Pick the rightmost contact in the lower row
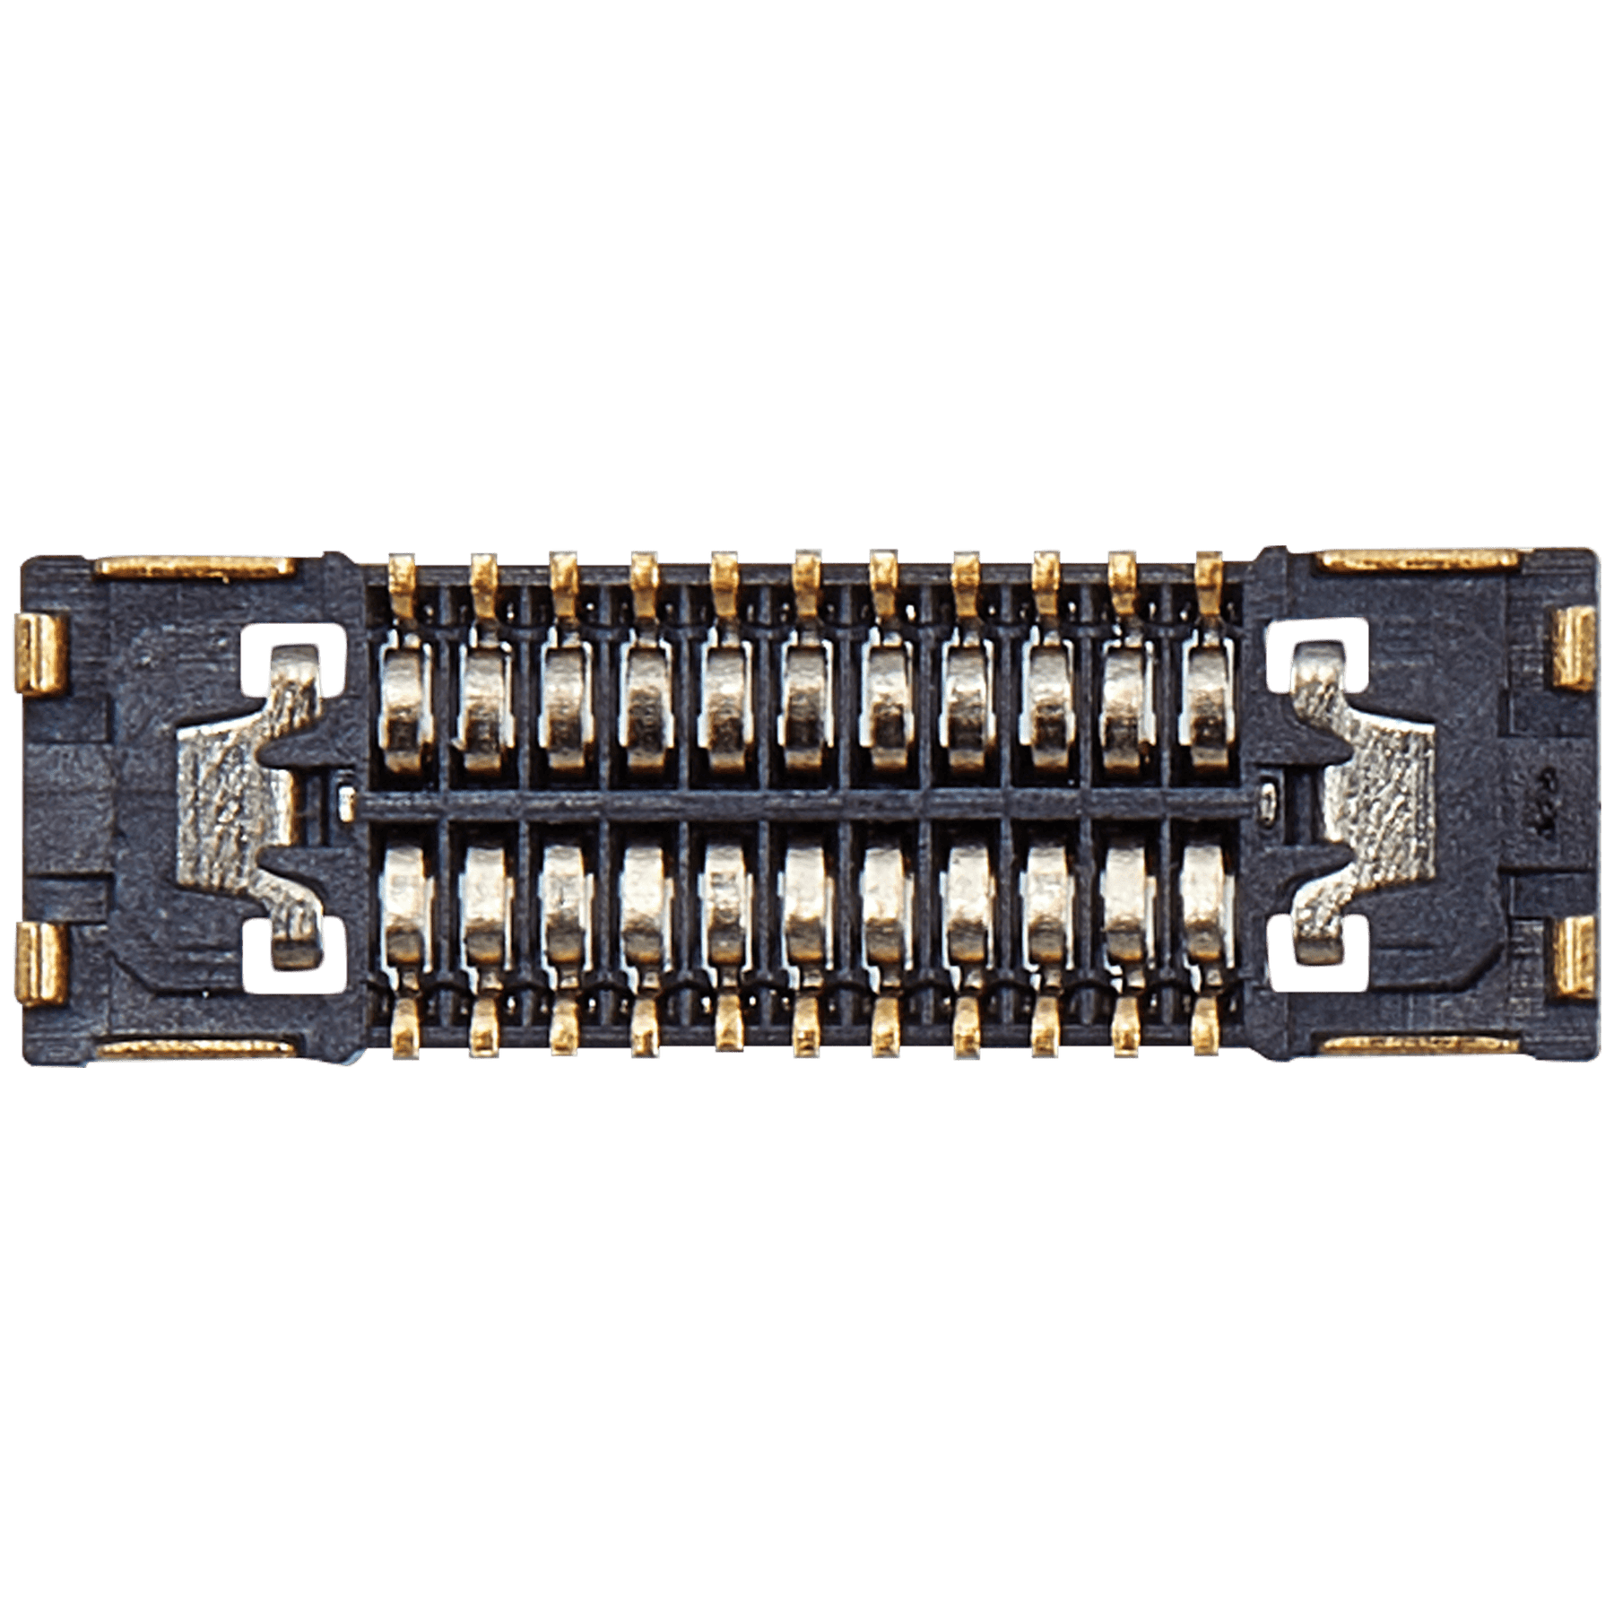coord(1205,906)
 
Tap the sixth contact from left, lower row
coord(805,906)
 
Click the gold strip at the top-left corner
coord(195,566)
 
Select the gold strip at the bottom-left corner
coord(195,1048)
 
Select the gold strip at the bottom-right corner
coord(1419,1044)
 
